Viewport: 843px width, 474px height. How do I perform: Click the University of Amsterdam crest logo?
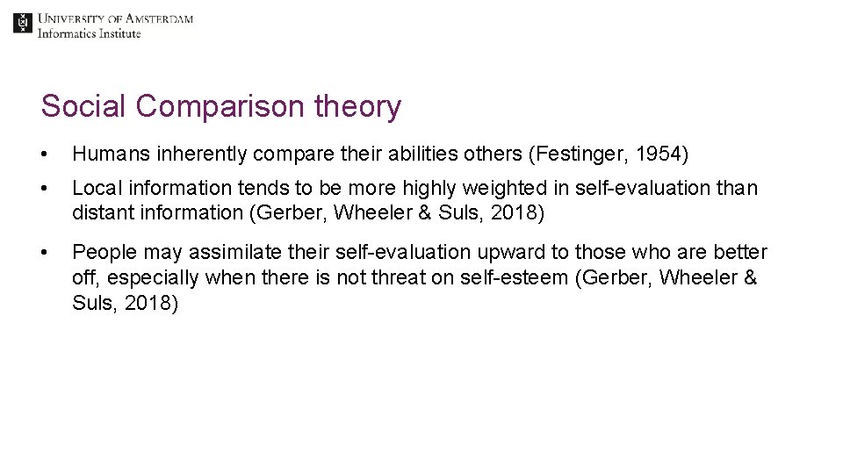(22, 23)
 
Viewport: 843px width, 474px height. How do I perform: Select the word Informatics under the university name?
(67, 33)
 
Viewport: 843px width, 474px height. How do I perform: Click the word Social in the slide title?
(84, 106)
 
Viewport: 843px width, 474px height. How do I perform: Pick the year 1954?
(658, 155)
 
